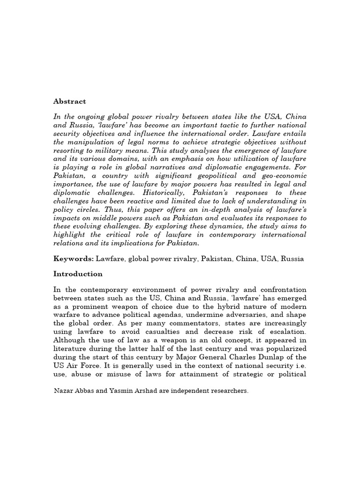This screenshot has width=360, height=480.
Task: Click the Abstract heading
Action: (69, 101)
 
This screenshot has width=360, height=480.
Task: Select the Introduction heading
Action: (77, 274)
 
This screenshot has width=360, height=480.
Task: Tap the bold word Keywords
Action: (73, 259)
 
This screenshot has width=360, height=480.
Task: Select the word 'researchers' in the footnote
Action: (228, 390)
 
